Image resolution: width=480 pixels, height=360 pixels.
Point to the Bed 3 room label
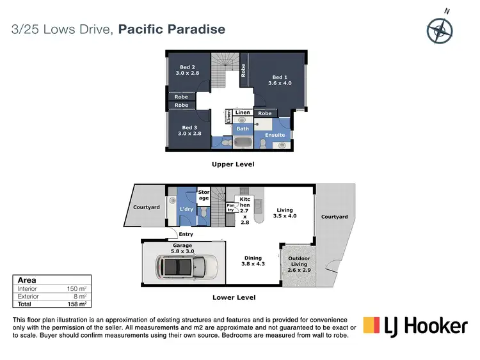point(191,130)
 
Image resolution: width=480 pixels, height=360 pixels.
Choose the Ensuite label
point(275,135)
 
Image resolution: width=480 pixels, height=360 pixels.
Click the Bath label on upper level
point(243,129)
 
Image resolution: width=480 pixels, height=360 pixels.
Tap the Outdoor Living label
point(300,264)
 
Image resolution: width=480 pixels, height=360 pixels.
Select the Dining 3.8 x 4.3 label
point(252,262)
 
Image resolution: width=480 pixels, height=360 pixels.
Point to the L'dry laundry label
point(187,210)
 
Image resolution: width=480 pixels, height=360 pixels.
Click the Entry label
point(185,234)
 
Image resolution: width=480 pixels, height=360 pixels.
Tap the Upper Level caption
point(233,164)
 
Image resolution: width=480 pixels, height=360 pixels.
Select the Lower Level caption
point(234,297)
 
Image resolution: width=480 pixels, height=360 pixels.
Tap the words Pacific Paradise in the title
point(172,29)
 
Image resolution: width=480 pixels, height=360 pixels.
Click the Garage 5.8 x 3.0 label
point(182,248)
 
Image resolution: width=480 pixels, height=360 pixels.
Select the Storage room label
point(204,194)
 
